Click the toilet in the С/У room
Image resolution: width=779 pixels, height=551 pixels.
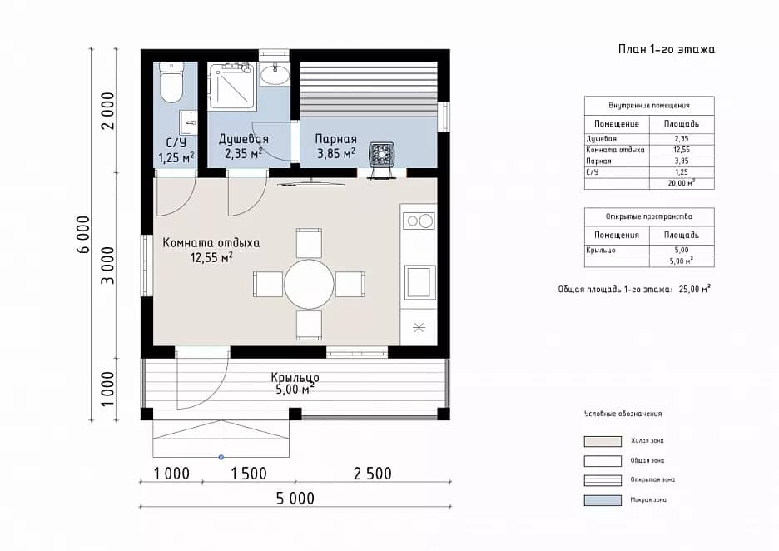click(172, 82)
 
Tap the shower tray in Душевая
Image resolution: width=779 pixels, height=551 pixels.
click(231, 86)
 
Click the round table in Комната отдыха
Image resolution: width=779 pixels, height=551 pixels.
click(309, 285)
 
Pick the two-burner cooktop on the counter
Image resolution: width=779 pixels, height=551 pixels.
click(419, 221)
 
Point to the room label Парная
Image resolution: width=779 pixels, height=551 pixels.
click(336, 139)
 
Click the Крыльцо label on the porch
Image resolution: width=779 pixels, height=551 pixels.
click(295, 377)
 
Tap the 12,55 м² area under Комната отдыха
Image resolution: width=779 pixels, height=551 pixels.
click(212, 257)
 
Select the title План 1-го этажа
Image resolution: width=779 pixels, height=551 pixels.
click(666, 49)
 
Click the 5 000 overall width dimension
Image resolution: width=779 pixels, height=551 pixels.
click(295, 498)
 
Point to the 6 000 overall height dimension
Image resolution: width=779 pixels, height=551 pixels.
click(83, 235)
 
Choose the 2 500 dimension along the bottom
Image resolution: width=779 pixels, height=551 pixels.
click(373, 474)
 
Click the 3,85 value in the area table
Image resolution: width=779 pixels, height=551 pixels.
click(682, 161)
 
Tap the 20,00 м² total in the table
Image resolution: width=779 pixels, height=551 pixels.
click(682, 183)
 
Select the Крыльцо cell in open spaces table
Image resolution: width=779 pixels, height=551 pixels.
click(601, 250)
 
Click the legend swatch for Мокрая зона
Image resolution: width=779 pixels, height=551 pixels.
click(603, 500)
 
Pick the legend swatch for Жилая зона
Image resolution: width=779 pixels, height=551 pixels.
click(603, 441)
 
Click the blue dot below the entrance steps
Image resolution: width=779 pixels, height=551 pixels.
click(221, 457)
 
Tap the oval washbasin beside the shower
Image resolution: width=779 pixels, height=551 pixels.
click(275, 75)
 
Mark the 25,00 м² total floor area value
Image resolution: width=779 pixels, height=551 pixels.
click(695, 289)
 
